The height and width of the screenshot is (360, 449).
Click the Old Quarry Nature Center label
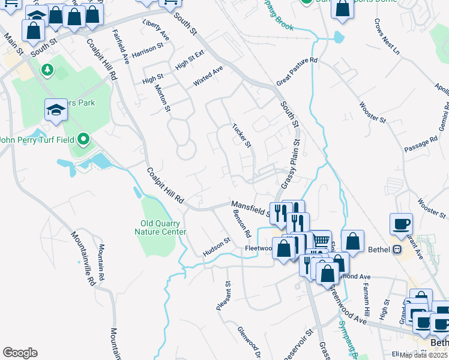coord(159,227)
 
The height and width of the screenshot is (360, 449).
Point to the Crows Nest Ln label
coord(387,37)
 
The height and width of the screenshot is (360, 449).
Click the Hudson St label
coord(217,247)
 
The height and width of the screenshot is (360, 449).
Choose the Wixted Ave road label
coord(208,76)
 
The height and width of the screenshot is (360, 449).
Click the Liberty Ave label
coord(155,31)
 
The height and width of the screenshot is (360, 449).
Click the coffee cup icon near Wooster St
coord(401,225)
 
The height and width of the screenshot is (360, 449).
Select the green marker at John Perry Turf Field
coord(83,140)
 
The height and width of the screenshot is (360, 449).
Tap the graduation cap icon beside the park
coord(56,110)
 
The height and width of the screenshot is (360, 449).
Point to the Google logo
coord(20,353)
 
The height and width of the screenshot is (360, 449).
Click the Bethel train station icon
coord(396,249)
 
